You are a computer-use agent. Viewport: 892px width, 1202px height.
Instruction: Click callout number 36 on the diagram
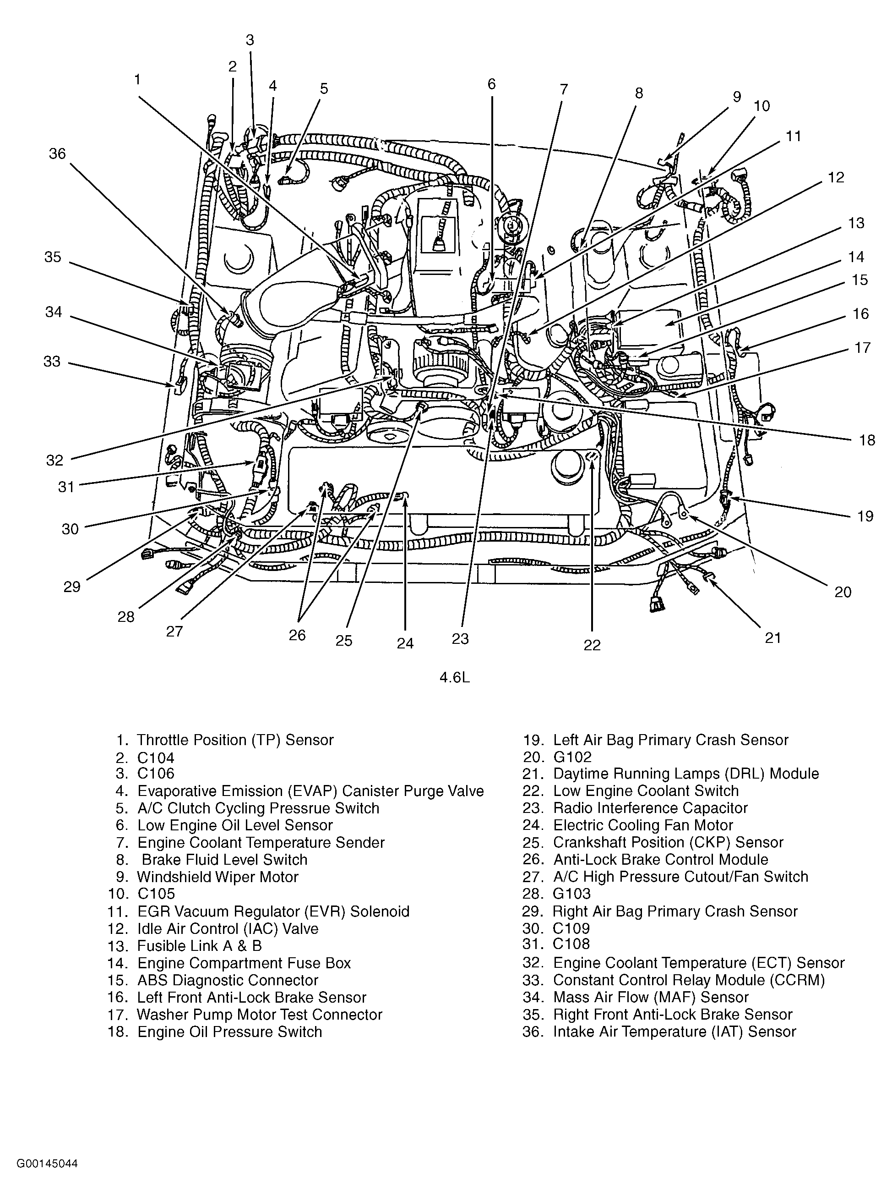[57, 154]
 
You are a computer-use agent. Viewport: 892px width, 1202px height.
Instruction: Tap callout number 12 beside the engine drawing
[836, 177]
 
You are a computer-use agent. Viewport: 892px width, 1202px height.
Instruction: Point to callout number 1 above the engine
[138, 79]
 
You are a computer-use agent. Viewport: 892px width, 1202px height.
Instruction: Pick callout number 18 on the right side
[867, 440]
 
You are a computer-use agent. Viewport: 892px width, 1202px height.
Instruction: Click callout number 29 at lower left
[72, 586]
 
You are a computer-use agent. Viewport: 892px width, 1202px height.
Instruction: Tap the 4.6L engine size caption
[454, 677]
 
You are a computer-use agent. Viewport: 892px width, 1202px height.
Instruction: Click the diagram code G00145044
[47, 1163]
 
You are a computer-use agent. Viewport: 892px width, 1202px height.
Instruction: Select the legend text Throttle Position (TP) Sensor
[235, 740]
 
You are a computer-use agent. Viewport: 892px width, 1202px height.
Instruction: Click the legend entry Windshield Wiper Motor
[218, 877]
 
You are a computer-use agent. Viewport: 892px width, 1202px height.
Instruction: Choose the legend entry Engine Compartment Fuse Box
[244, 963]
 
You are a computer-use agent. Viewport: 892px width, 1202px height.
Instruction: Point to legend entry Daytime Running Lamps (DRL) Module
[686, 774]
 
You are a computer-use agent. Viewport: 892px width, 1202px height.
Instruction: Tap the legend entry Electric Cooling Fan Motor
[643, 825]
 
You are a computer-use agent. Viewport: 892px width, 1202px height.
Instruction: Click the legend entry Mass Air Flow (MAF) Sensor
[651, 997]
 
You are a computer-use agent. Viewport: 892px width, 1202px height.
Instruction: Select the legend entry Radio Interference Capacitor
[650, 808]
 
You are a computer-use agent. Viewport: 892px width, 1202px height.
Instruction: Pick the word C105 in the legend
[156, 894]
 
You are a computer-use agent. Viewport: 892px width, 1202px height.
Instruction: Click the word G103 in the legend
[572, 894]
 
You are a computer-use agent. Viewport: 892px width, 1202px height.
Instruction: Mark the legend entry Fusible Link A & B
[199, 946]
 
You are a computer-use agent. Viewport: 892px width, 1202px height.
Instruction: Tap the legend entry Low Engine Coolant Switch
[646, 791]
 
